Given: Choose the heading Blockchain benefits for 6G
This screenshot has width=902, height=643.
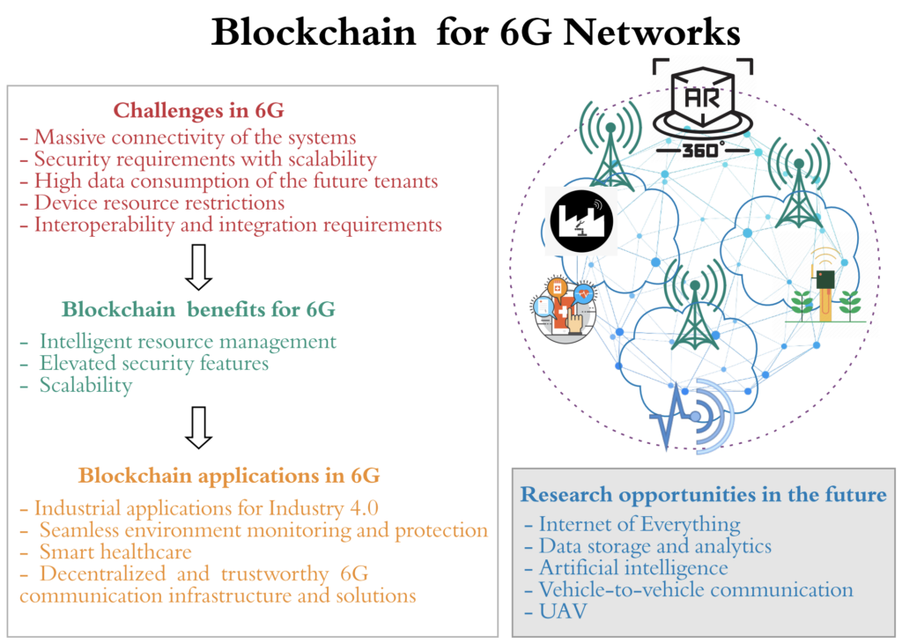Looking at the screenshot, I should click(198, 310).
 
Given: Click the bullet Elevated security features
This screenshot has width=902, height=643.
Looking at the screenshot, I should click(154, 363).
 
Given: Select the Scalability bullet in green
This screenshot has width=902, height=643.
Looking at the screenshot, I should click(85, 385).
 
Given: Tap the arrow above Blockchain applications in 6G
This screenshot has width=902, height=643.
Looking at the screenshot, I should click(199, 427).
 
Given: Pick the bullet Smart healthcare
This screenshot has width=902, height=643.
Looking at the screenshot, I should click(115, 552).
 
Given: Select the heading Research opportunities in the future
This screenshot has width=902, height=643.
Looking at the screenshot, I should click(703, 494).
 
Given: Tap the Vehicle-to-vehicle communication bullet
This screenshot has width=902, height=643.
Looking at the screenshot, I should click(695, 589).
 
